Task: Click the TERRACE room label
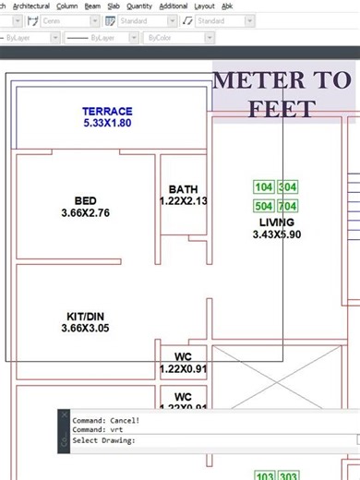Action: tap(107, 112)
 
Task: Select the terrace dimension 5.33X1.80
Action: tap(107, 123)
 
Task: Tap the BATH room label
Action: tap(183, 189)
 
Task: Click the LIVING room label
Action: tap(277, 222)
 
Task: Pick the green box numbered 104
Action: tap(264, 187)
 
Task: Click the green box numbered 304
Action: tap(288, 187)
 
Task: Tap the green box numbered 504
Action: tap(264, 206)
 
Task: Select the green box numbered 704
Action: tap(288, 206)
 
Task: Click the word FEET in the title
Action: tap(282, 110)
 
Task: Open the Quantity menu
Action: tap(139, 6)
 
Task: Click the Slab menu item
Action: tap(114, 6)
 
